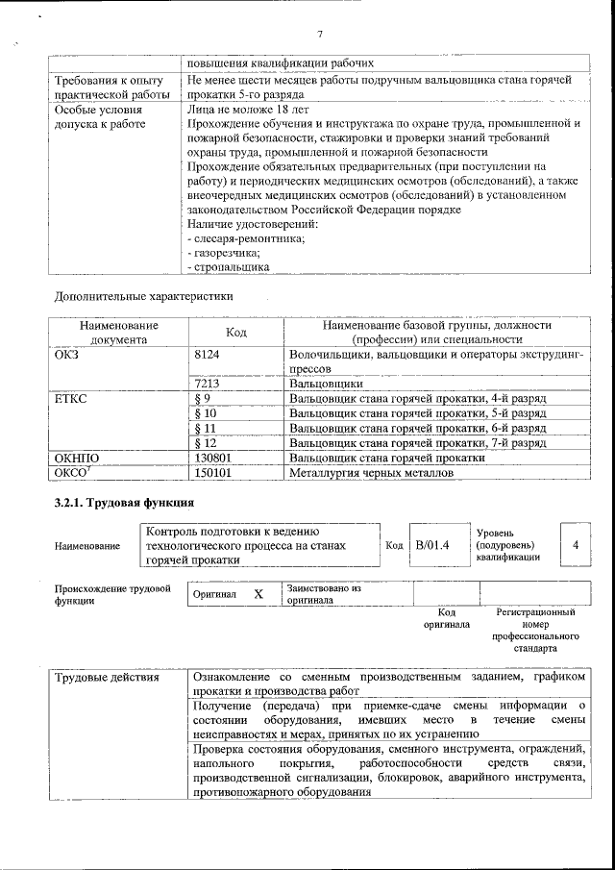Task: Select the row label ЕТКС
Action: tap(72, 398)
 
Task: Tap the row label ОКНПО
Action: tap(78, 459)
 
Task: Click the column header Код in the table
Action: tap(235, 333)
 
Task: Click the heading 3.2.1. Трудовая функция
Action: tap(124, 504)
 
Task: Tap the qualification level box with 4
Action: tap(575, 545)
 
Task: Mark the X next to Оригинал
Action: tap(258, 594)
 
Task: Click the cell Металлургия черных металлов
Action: tap(369, 474)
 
